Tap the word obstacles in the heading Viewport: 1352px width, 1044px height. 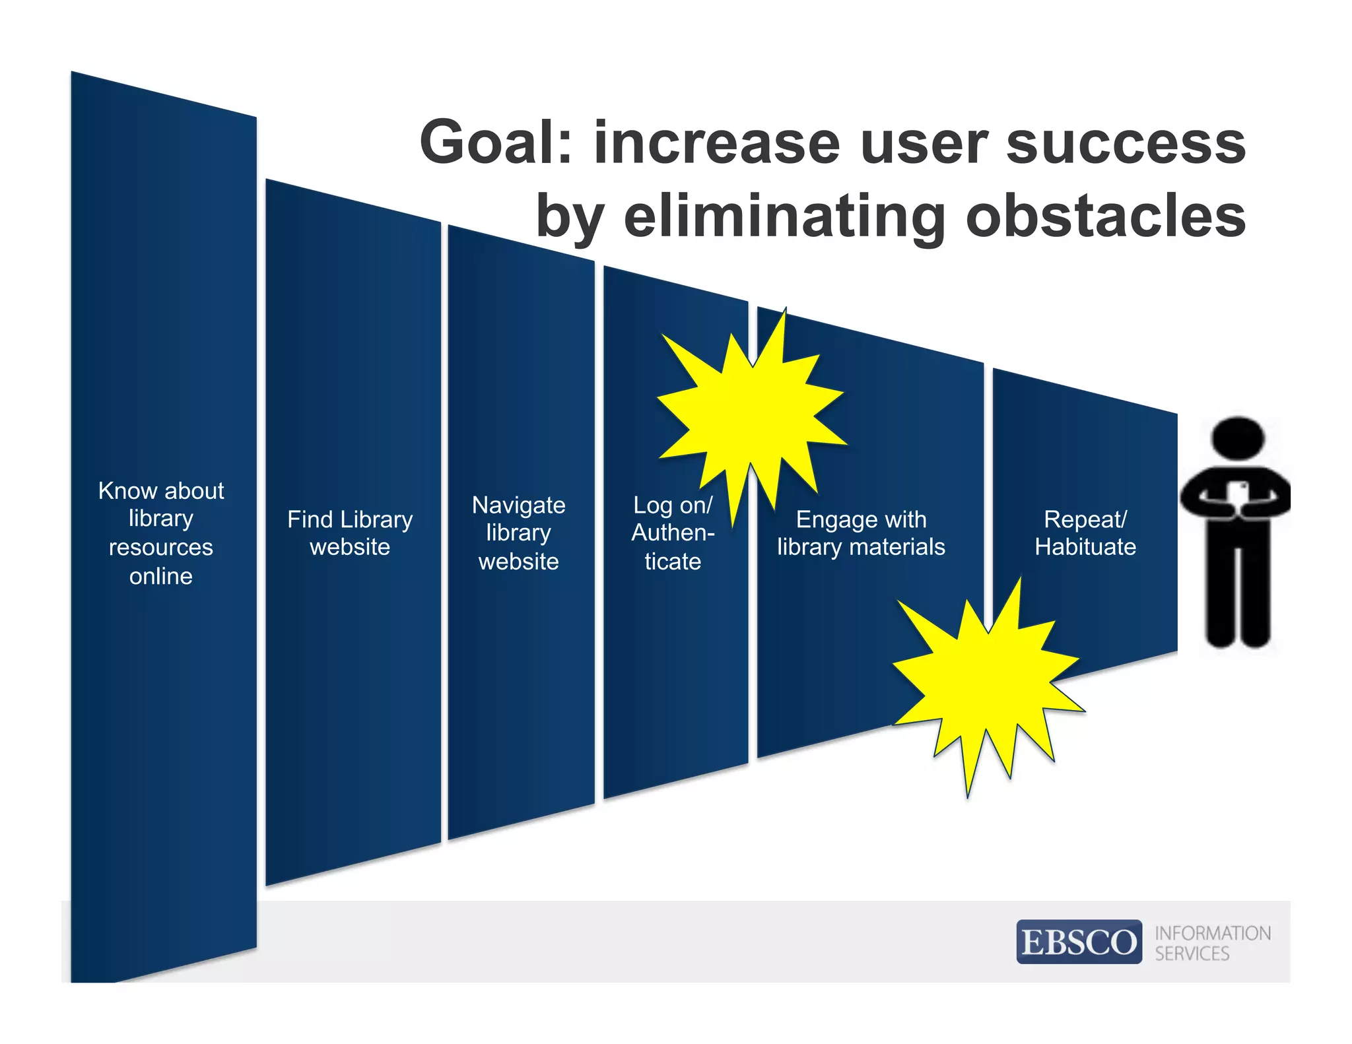click(x=1106, y=216)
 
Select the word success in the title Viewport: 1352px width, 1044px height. click(x=1126, y=143)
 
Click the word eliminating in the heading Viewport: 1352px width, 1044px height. click(x=784, y=216)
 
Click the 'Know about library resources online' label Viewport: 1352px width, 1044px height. click(x=161, y=533)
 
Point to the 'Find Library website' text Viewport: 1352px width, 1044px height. click(x=350, y=533)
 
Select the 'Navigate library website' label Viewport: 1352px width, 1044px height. click(x=519, y=533)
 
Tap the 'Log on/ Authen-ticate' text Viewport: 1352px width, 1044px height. click(x=673, y=533)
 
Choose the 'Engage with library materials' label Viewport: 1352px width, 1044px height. click(x=861, y=533)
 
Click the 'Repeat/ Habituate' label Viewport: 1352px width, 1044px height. click(x=1085, y=533)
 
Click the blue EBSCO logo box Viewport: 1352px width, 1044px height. click(x=1079, y=942)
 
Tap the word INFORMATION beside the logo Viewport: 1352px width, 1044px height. click(x=1213, y=933)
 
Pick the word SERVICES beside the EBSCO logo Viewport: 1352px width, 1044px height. click(x=1192, y=954)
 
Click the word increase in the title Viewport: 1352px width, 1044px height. click(x=716, y=143)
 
